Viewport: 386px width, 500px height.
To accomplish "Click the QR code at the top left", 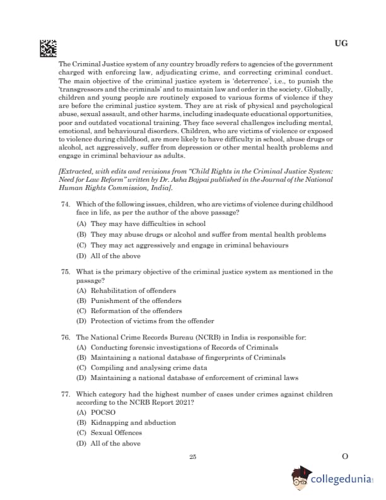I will (49, 47).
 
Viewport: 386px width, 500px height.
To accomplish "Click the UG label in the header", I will (341, 44).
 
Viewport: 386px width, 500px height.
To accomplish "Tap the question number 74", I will (65, 205).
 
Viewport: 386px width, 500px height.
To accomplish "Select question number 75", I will (65, 271).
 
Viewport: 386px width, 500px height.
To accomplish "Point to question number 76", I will (65, 338).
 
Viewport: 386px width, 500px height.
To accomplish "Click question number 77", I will (65, 394).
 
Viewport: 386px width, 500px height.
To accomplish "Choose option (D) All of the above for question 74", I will (108, 256).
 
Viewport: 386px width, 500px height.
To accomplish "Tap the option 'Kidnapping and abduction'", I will (124, 423).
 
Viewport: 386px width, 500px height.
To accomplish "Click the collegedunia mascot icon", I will (300, 479).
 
